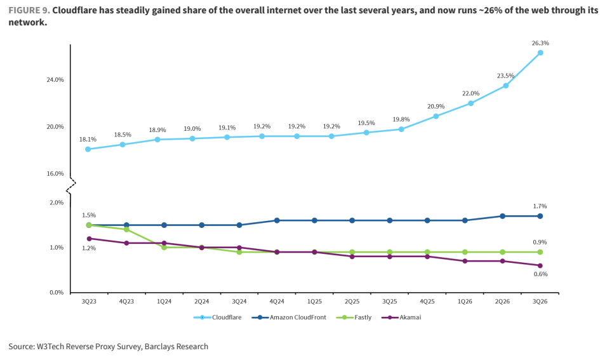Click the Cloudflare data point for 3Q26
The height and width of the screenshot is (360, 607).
540,53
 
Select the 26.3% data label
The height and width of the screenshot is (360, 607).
540,43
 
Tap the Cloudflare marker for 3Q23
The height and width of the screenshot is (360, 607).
88,149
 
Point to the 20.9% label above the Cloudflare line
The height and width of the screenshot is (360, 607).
436,107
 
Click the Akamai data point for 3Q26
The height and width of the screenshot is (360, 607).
540,265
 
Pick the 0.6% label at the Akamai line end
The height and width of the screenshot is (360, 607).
540,274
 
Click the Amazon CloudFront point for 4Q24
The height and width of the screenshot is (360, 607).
277,220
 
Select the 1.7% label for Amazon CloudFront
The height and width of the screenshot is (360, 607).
540,206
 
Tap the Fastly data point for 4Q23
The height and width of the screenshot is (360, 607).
126,230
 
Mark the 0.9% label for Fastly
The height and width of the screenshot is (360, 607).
540,243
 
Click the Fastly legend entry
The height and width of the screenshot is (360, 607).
354,317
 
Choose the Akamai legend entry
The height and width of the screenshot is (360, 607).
401,317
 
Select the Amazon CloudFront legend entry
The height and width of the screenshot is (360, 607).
289,317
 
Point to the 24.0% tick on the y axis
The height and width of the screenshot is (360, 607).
55,80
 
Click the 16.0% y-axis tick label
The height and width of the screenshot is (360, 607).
55,173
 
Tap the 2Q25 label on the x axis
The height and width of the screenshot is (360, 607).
352,301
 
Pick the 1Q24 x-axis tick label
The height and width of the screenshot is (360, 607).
164,301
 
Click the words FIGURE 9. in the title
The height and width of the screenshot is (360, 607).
29,10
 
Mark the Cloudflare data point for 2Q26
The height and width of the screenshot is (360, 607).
505,86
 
